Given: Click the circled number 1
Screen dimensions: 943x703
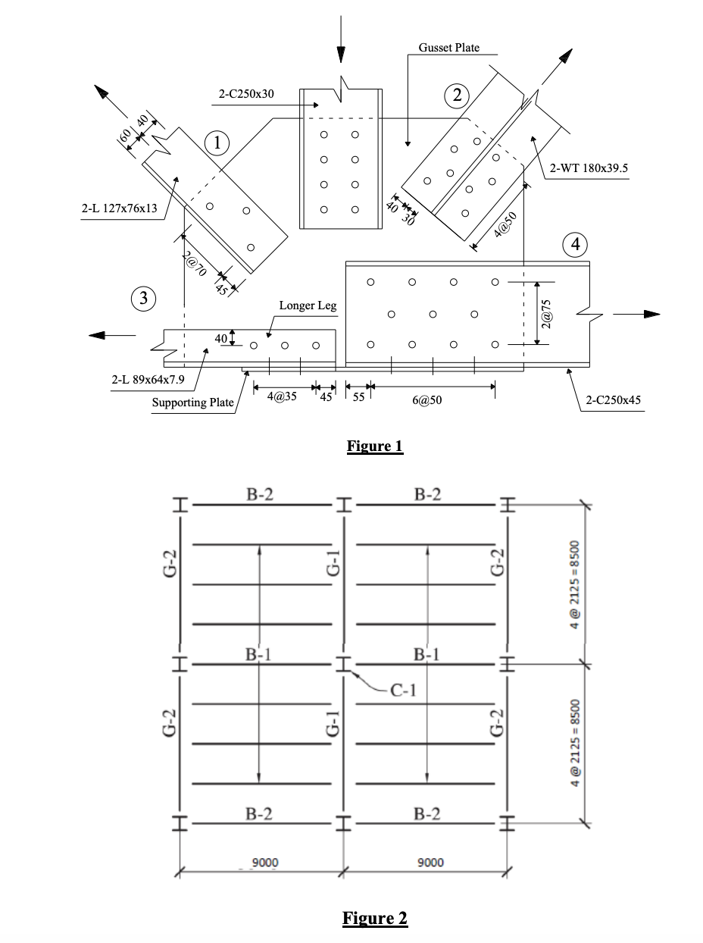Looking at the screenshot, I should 217,142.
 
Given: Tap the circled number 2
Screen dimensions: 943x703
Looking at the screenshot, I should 457,95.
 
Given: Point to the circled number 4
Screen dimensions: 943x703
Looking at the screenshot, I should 576,244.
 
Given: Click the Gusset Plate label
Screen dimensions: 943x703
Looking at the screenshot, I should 448,48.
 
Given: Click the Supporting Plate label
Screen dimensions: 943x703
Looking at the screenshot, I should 192,402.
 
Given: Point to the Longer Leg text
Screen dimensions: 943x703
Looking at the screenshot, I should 308,306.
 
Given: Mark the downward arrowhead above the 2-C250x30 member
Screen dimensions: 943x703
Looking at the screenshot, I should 341,55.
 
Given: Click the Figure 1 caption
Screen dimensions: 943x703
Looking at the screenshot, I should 375,445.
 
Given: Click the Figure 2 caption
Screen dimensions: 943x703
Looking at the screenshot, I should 375,918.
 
